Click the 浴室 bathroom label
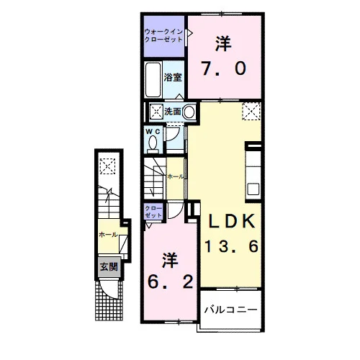coord(173,77)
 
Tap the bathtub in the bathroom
coord(153,80)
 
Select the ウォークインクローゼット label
coord(163,35)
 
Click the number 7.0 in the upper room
coord(224,68)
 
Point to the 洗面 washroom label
coord(172,112)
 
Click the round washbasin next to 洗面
coord(189,112)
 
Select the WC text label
coord(153,131)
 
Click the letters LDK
coord(232,221)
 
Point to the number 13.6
coord(232,246)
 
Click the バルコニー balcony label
coord(230,310)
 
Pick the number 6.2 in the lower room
coord(171,282)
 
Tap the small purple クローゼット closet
coord(153,212)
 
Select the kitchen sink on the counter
coord(253,189)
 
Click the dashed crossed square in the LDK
coord(251,111)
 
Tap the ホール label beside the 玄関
coord(108,235)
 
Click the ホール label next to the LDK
coord(176,177)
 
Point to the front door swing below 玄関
coord(109,289)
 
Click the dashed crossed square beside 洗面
coord(156,112)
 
